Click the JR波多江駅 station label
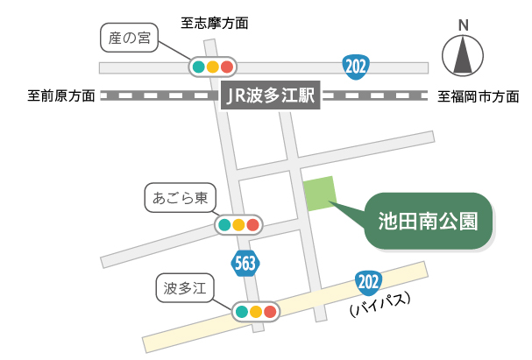269,95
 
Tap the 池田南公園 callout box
428,220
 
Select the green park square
319,194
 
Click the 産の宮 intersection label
124,37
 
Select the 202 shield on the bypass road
368,282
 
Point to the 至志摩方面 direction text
215,23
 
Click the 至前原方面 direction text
61,95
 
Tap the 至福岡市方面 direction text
478,95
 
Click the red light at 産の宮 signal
227,67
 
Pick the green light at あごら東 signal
224,225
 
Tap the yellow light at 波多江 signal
255,311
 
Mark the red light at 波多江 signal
270,311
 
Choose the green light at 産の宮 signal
199,67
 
